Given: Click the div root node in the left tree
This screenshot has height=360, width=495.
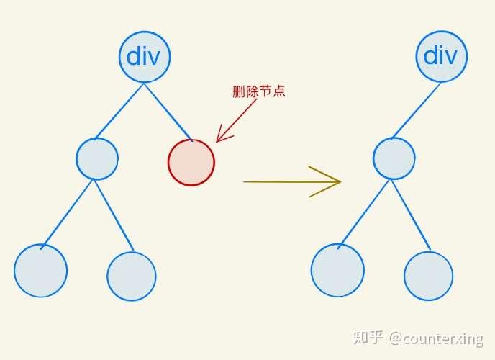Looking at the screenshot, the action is point(145,56).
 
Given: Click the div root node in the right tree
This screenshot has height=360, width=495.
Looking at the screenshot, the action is point(441,55).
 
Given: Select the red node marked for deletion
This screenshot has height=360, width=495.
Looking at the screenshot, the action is point(191,162).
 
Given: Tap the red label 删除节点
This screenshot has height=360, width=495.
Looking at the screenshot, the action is point(259,91).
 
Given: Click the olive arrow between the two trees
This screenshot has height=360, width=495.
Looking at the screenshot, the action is point(291,181).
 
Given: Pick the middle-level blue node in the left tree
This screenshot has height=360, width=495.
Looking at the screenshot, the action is point(97,158).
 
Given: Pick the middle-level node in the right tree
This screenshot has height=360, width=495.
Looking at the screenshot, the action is point(394,158).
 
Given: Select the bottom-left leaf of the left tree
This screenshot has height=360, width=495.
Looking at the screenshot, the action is point(41,271).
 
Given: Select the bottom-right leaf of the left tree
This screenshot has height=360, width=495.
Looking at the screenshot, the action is point(132,276).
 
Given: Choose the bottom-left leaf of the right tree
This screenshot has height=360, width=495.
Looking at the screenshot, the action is point(337,270).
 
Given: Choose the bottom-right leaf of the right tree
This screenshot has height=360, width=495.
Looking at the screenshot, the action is point(429,276).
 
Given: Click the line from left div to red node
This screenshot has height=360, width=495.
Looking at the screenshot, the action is point(168,111).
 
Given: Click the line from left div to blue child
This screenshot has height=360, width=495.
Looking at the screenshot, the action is point(120,111).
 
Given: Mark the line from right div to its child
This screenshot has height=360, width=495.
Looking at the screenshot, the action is point(417,110).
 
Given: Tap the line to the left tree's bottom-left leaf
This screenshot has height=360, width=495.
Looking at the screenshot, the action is point(68,213).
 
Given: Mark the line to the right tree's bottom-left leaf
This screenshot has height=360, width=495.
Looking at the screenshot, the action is point(365,212).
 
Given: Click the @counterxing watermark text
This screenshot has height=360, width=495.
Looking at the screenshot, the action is point(437,338).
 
